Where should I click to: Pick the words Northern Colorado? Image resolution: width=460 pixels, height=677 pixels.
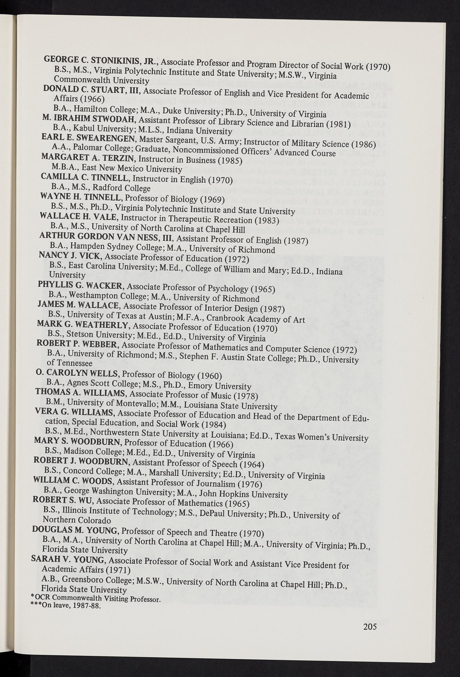(x=77, y=519)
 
